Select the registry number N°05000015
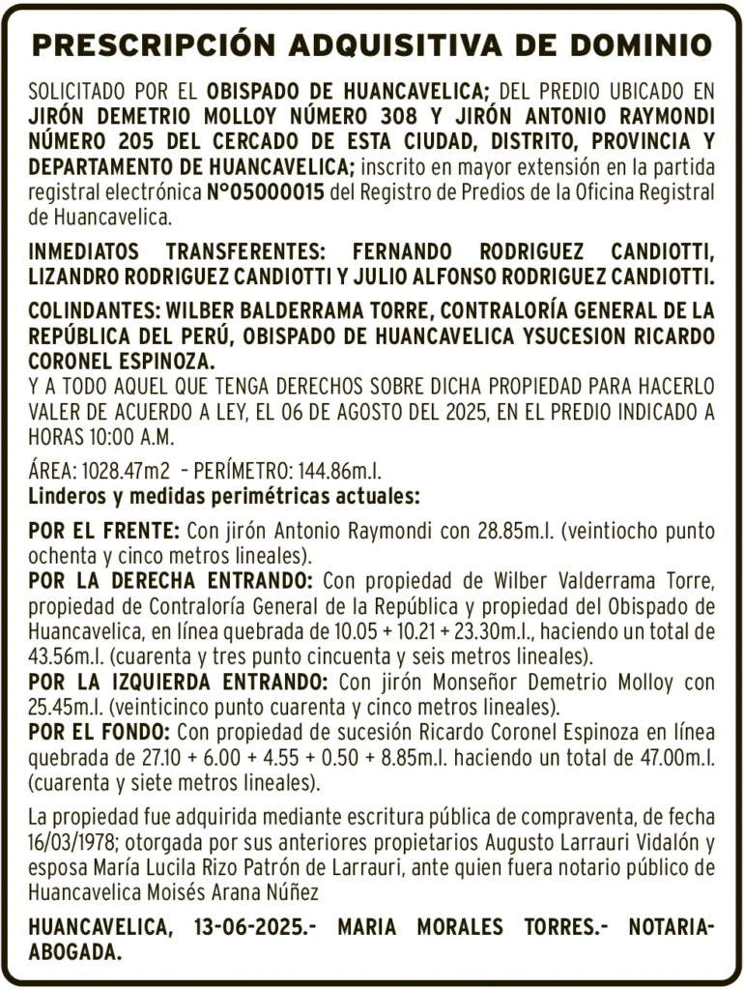point(266,191)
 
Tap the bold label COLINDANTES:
point(93,312)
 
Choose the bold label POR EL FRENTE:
point(104,532)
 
